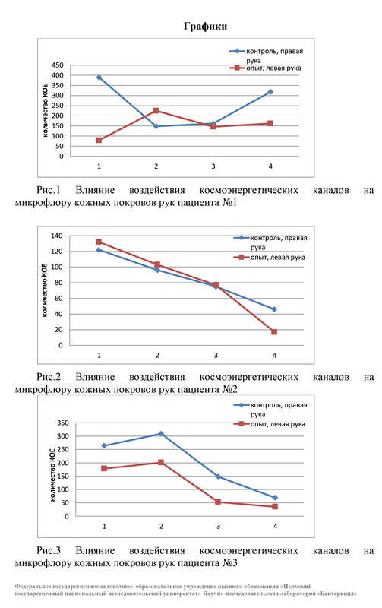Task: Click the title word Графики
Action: [x=205, y=27]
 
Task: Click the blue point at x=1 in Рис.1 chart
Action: [x=99, y=78]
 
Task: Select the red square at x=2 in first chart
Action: [x=156, y=110]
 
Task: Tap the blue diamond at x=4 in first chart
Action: [x=270, y=92]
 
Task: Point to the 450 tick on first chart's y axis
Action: [x=57, y=65]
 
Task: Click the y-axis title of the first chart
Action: [x=45, y=110]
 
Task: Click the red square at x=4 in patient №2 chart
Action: [x=274, y=332]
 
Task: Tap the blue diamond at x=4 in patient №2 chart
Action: [x=274, y=309]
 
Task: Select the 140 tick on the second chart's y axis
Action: [x=56, y=236]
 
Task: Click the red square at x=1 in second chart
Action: [x=99, y=242]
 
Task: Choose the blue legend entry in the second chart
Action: [x=270, y=242]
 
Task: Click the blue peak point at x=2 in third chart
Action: [x=161, y=434]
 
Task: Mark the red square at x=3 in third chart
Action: [x=218, y=502]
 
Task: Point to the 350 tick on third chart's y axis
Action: [x=63, y=423]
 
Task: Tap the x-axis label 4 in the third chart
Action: [x=275, y=527]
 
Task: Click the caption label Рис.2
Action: [x=49, y=377]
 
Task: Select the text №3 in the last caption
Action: [x=229, y=562]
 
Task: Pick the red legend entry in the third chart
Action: [x=270, y=424]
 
